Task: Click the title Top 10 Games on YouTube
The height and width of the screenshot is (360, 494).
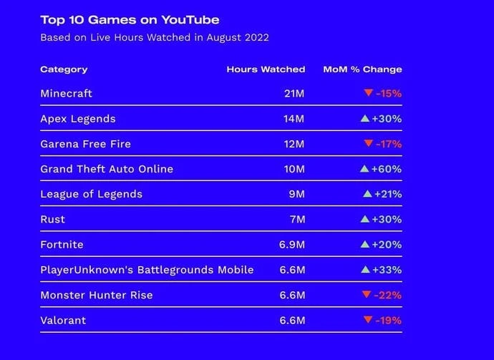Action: pyautogui.click(x=130, y=19)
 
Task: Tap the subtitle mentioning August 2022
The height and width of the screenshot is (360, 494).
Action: pyautogui.click(x=155, y=37)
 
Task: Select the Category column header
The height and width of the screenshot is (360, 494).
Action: pyautogui.click(x=64, y=69)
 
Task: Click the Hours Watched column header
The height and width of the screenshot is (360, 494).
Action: pyautogui.click(x=266, y=69)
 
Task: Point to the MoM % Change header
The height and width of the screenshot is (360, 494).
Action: pyautogui.click(x=362, y=69)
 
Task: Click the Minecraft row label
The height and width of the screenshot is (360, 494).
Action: pyautogui.click(x=66, y=94)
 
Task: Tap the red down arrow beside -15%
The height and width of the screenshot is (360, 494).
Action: pyautogui.click(x=368, y=93)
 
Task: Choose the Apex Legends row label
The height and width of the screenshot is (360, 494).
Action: pyautogui.click(x=77, y=119)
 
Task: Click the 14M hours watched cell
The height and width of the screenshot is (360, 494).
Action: pyautogui.click(x=294, y=119)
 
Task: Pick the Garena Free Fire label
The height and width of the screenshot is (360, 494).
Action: pyautogui.click(x=85, y=144)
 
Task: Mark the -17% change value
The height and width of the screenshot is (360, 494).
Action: pyautogui.click(x=389, y=144)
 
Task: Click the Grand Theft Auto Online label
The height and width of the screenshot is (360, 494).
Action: pyautogui.click(x=107, y=169)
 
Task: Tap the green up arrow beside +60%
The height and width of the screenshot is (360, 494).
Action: pyautogui.click(x=364, y=169)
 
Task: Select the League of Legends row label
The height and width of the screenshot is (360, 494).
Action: pyautogui.click(x=91, y=194)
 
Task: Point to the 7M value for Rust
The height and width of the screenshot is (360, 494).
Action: pyautogui.click(x=297, y=219)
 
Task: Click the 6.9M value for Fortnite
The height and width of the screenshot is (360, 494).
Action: pyautogui.click(x=292, y=245)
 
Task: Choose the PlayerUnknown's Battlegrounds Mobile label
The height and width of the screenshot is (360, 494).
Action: pyautogui.click(x=147, y=270)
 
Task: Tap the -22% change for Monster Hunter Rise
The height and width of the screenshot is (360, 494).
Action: pyautogui.click(x=389, y=295)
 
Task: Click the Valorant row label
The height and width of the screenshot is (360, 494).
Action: pyautogui.click(x=63, y=320)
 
